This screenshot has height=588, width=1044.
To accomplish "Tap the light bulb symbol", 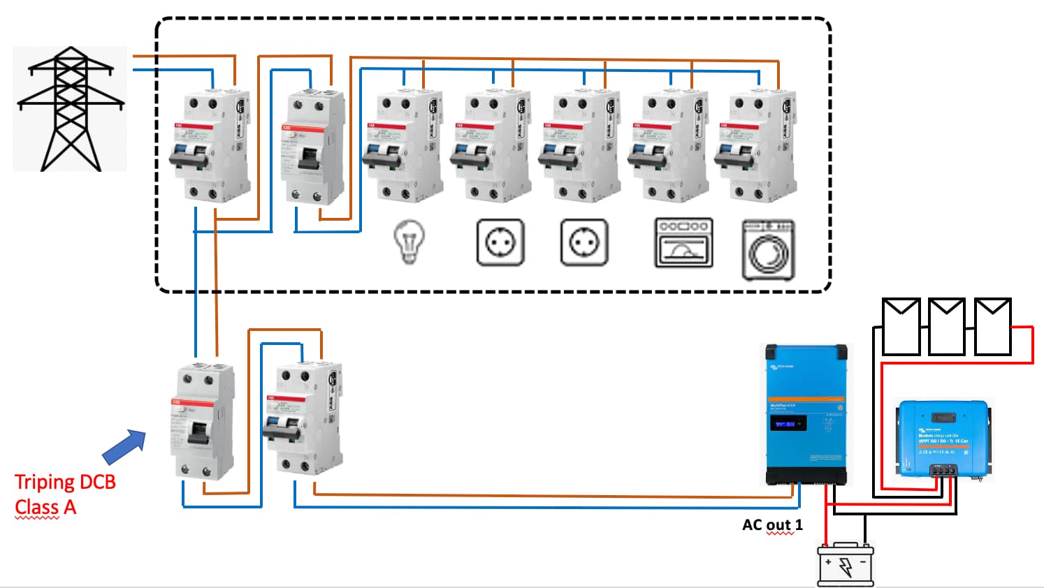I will click(x=409, y=242).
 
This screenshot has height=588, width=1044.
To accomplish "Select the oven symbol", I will click(x=683, y=242).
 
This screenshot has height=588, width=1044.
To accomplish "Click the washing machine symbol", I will click(x=768, y=249).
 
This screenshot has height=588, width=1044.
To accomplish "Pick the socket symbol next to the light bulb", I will click(x=500, y=242).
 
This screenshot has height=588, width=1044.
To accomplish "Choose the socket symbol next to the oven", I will click(x=584, y=242).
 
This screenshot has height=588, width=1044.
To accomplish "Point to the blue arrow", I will click(x=124, y=447).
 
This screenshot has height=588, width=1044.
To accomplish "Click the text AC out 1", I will click(x=772, y=524).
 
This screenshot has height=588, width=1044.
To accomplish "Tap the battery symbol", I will click(x=846, y=564).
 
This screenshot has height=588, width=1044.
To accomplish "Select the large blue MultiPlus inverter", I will click(x=806, y=415).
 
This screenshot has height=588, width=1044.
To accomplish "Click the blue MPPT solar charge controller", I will click(x=942, y=439).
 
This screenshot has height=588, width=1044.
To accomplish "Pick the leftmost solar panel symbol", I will click(x=901, y=326).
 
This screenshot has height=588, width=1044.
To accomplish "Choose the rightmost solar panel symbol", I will click(x=992, y=326).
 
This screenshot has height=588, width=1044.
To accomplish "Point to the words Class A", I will click(x=45, y=507).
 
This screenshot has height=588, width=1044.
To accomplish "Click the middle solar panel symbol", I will click(x=947, y=326).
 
